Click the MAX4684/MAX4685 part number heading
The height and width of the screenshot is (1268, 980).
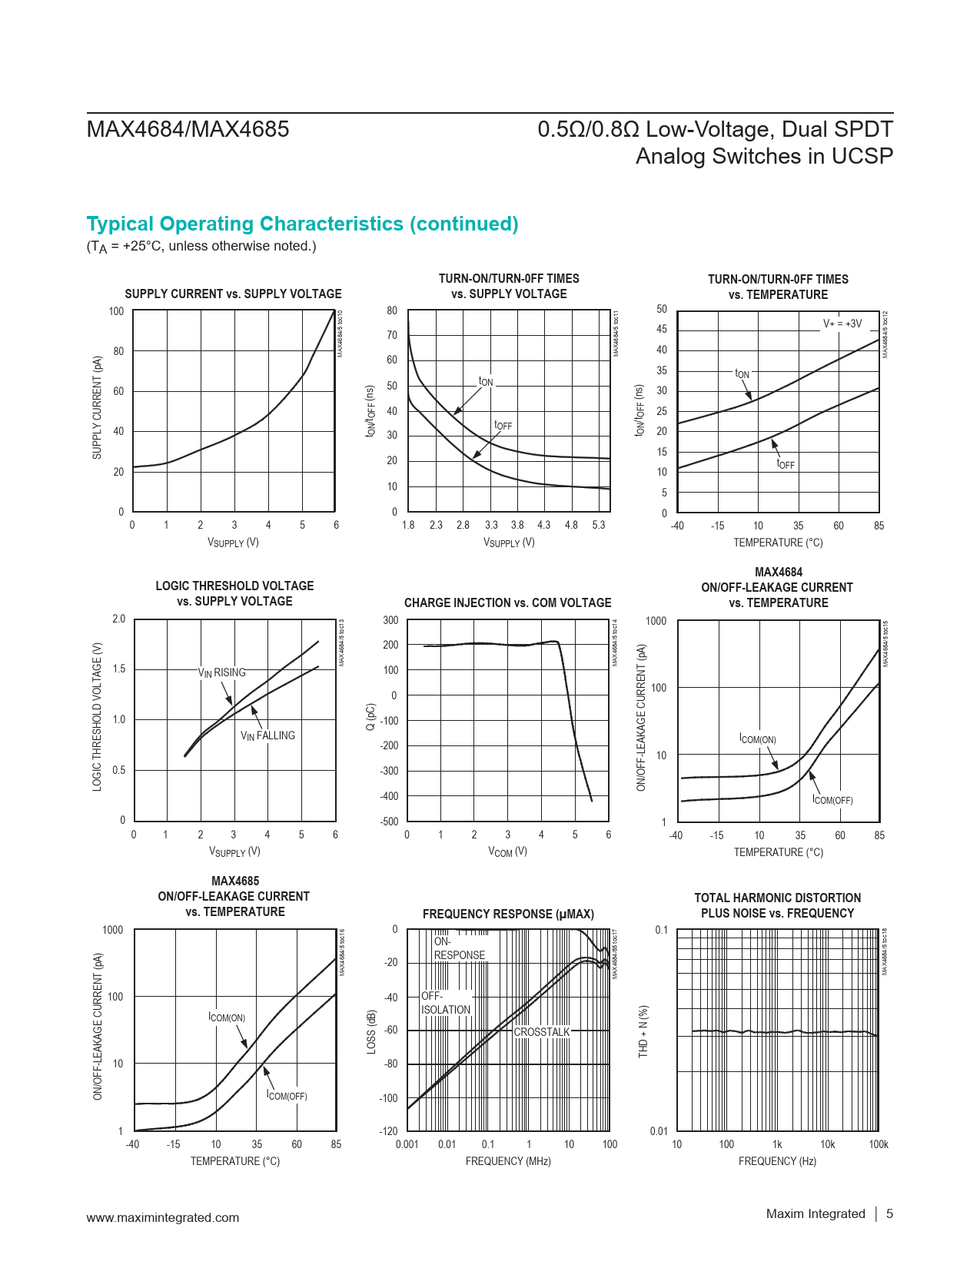(188, 129)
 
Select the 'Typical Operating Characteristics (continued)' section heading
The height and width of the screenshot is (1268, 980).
(302, 224)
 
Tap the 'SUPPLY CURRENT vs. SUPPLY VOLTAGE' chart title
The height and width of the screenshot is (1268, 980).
(233, 294)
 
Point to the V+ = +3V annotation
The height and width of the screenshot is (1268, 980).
(842, 324)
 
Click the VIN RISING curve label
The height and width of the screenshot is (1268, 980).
(222, 672)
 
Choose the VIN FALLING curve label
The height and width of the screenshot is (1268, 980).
(267, 735)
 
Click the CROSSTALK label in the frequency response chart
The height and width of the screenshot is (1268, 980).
(542, 1032)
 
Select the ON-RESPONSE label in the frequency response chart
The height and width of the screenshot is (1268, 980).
(459, 948)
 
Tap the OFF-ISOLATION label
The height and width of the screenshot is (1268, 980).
(445, 1003)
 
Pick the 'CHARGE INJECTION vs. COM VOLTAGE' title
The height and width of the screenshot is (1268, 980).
(507, 603)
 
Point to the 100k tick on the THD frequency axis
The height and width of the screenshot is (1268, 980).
(878, 1144)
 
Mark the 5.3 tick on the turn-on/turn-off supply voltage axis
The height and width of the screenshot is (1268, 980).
(599, 525)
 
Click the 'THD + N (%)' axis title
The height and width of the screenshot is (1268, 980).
(644, 1031)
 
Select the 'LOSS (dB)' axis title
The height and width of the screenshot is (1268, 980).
(372, 1031)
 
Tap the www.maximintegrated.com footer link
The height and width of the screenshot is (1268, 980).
(163, 1217)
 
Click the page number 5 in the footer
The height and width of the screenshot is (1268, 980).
(890, 1213)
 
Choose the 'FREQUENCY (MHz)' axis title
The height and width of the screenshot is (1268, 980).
(508, 1161)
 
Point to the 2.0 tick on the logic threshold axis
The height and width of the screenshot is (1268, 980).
(118, 619)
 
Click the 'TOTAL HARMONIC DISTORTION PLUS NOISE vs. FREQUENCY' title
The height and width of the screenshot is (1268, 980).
(777, 905)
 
